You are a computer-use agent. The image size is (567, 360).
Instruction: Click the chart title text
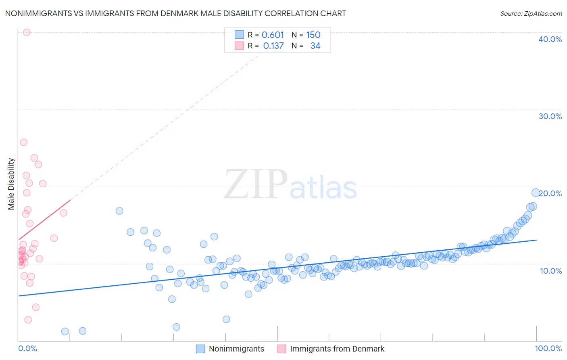tap(175, 13)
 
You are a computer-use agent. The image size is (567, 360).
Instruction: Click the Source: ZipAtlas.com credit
tap(531, 13)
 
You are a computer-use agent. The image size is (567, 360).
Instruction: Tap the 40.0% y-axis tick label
tap(550, 39)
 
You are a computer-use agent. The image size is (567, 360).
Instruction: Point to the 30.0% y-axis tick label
tap(550, 116)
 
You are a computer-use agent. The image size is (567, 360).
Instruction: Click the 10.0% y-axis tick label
tap(551, 271)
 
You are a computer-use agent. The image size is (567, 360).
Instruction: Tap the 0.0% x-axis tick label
tap(27, 348)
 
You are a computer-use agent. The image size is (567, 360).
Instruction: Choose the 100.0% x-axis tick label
tap(548, 348)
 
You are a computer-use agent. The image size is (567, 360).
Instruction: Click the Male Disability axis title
tap(11, 184)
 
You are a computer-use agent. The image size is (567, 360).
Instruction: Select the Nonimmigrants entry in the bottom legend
tap(236, 349)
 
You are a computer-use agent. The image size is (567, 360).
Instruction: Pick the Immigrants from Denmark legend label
tap(337, 349)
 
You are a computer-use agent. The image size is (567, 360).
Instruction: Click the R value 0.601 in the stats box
tap(273, 35)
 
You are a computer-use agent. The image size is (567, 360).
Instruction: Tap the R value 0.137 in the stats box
tap(273, 46)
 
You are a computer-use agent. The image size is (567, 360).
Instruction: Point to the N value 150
tap(313, 35)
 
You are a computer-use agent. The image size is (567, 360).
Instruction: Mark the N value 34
tap(315, 46)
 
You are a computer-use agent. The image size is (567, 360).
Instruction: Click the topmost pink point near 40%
tap(27, 32)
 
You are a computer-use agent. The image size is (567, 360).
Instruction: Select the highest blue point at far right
tap(536, 193)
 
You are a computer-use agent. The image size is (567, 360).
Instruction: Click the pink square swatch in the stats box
tap(239, 46)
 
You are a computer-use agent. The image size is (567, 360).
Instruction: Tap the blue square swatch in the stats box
tap(239, 35)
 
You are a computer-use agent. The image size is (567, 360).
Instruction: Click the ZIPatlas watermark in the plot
tap(290, 185)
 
